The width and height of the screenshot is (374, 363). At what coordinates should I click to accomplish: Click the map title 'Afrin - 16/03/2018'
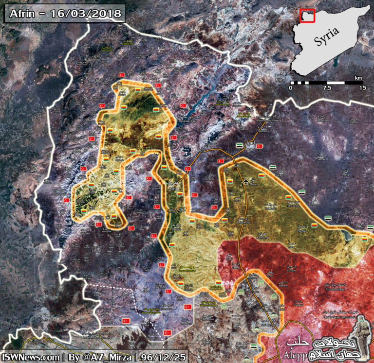click(65, 14)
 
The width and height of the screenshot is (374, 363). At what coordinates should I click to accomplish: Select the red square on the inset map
click(307, 16)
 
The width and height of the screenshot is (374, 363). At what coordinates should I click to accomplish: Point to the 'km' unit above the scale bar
click(358, 78)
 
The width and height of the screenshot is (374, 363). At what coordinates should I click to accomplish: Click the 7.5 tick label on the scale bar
click(327, 88)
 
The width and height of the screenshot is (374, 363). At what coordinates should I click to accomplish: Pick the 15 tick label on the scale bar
click(362, 88)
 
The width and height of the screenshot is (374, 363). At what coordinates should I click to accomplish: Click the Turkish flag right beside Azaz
click(260, 146)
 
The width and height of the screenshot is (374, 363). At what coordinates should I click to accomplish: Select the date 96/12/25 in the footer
click(163, 356)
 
